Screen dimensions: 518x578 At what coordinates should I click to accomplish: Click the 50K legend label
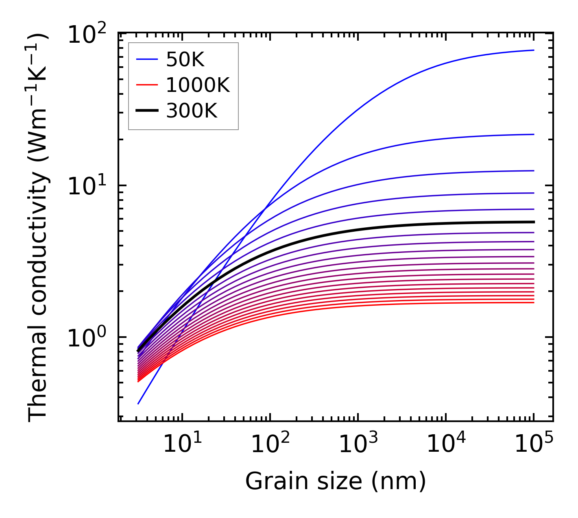tap(185, 60)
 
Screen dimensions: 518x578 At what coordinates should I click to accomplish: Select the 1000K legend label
tap(198, 85)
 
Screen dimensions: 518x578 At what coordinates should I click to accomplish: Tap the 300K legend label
tap(192, 111)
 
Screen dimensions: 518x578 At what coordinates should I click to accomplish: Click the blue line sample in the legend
tap(147, 60)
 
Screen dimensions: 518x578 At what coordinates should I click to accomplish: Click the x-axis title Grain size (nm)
tap(336, 481)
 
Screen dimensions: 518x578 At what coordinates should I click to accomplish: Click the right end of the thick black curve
tap(533, 222)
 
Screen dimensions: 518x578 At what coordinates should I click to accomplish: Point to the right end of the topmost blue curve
tap(533, 50)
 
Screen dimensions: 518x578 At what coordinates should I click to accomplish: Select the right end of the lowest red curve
tap(533, 303)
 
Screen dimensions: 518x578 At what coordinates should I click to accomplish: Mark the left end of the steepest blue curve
tap(138, 404)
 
